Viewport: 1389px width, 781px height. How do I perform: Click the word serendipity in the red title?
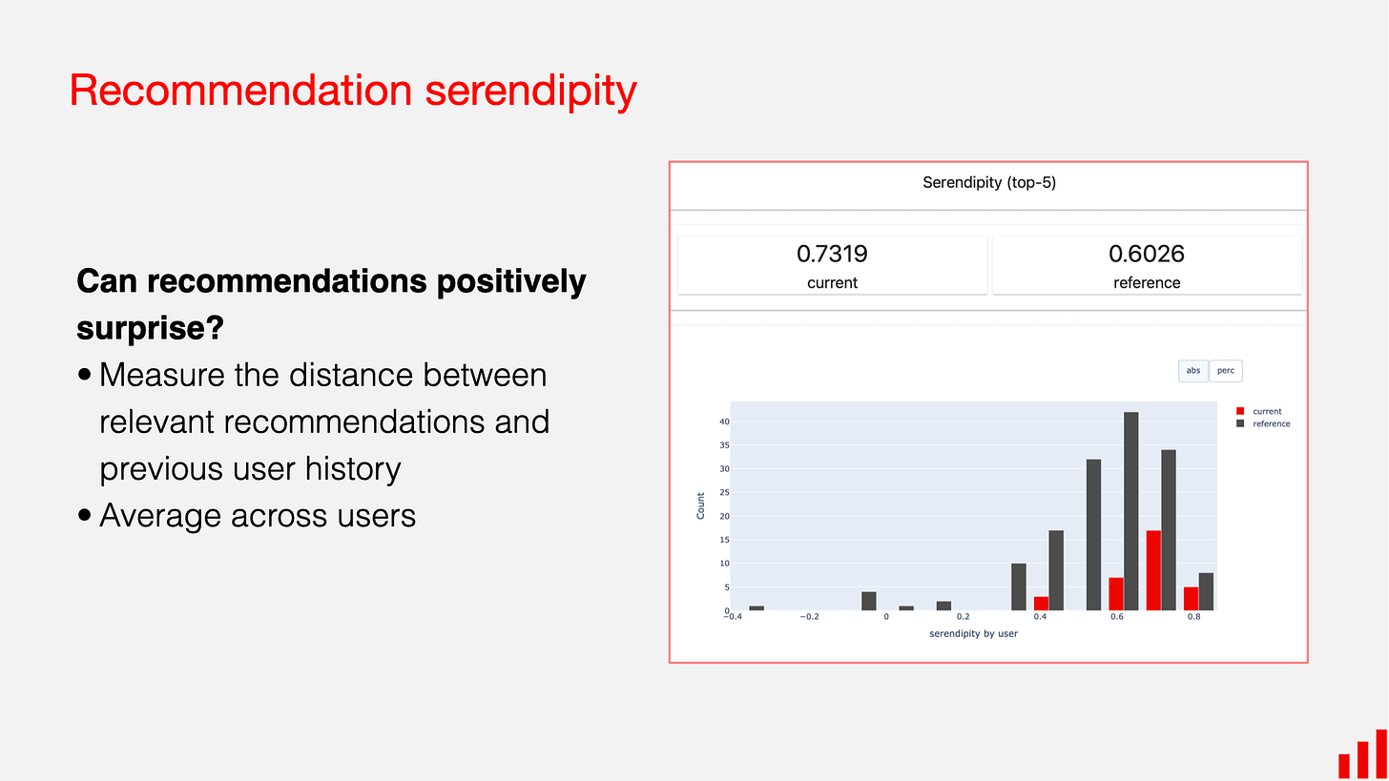530,91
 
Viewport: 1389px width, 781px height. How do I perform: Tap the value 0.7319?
832,254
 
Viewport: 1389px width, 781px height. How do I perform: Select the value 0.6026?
1146,254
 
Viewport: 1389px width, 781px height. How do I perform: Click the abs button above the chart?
1193,371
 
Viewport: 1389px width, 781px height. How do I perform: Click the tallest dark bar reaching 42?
1130,511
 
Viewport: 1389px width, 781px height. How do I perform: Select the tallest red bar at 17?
1153,570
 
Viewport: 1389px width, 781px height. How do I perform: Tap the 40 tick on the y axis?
724,421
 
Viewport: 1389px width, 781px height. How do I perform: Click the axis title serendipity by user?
972,633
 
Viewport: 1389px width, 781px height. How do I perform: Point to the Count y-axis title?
701,505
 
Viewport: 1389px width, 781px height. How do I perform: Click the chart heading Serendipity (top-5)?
988,182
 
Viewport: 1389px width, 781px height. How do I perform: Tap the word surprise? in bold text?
150,328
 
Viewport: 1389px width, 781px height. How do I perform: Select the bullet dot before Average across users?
85,516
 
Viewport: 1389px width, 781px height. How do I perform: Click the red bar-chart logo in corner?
1361,755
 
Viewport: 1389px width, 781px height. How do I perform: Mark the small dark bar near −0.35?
757,607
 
